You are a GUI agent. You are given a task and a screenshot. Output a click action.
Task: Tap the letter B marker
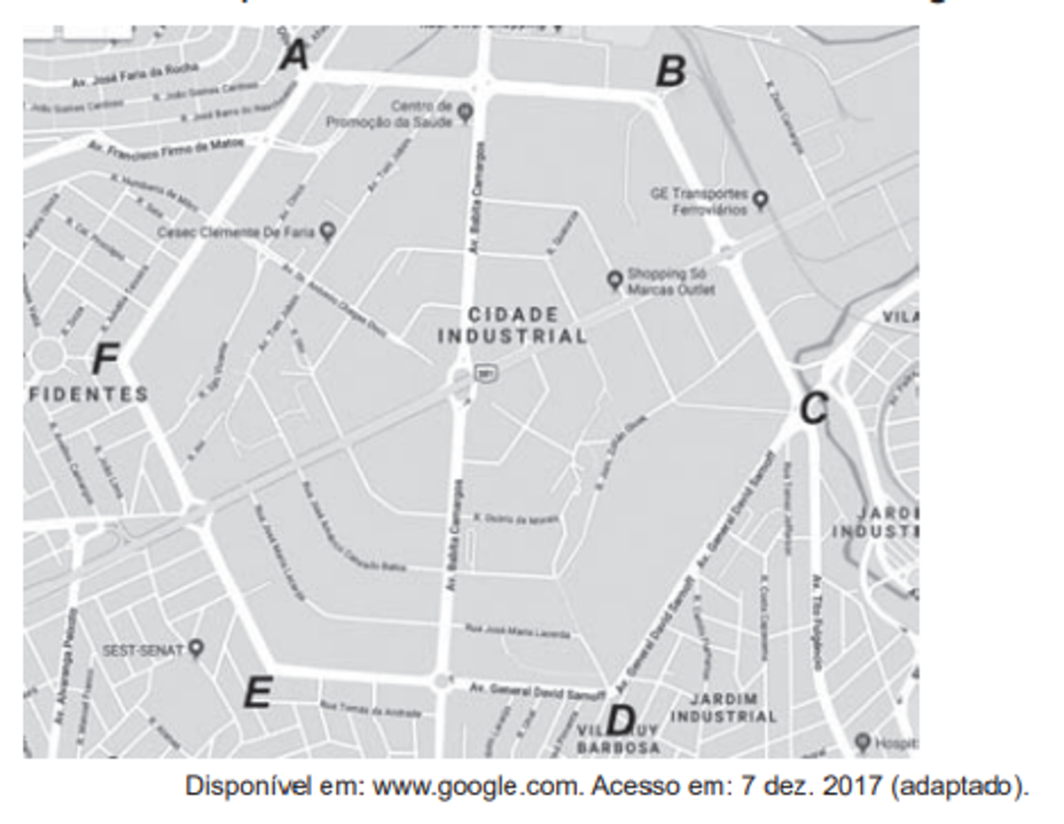tap(670, 71)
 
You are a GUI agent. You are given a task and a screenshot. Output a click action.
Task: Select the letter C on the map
tap(813, 409)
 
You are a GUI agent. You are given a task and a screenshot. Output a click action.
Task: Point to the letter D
tap(620, 720)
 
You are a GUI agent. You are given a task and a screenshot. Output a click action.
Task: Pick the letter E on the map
tap(258, 693)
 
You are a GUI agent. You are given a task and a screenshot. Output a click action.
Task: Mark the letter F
tap(106, 360)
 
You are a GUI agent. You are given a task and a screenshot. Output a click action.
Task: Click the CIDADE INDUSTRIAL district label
tap(512, 326)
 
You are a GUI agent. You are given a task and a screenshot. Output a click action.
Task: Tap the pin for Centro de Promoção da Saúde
tap(465, 113)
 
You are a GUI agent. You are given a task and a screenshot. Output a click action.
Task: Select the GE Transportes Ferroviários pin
tap(760, 200)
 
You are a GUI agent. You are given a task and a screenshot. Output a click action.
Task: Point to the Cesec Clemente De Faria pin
tap(327, 232)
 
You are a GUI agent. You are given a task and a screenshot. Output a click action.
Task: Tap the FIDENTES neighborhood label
tap(88, 394)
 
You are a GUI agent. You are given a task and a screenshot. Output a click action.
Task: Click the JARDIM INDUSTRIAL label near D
tap(723, 708)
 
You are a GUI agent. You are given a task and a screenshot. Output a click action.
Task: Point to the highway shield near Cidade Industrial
tap(485, 373)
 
